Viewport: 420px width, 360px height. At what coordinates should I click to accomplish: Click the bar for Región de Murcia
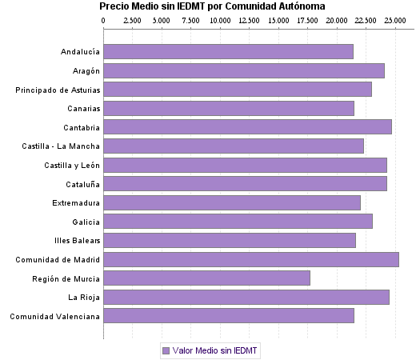(x=206, y=278)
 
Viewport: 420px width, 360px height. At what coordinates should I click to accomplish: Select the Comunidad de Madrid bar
(x=250, y=259)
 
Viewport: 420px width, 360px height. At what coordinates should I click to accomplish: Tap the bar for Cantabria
(x=247, y=127)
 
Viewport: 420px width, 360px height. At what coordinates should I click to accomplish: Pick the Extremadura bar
(x=232, y=202)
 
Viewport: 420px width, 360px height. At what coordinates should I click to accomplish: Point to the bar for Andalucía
(x=228, y=52)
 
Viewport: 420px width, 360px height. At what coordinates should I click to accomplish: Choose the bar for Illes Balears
(x=230, y=240)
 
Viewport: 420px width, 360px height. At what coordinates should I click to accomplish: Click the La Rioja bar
(x=246, y=298)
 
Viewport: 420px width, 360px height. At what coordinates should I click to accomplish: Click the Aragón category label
(x=84, y=71)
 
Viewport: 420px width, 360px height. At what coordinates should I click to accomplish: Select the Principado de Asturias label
(x=58, y=90)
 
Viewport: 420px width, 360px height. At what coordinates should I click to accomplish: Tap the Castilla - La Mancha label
(x=62, y=146)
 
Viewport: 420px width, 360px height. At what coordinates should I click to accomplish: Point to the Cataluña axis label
(x=82, y=184)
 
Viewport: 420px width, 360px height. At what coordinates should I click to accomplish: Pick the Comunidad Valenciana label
(x=54, y=316)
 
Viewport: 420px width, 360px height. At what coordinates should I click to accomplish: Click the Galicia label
(x=86, y=222)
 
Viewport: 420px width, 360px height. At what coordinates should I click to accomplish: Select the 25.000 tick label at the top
(x=394, y=20)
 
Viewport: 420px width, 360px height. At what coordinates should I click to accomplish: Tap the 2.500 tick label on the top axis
(x=133, y=20)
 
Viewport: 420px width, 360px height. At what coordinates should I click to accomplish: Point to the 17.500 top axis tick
(x=307, y=20)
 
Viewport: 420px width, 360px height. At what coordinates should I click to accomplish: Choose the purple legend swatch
(x=166, y=350)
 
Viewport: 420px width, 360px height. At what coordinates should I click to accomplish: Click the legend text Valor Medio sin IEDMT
(x=216, y=350)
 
